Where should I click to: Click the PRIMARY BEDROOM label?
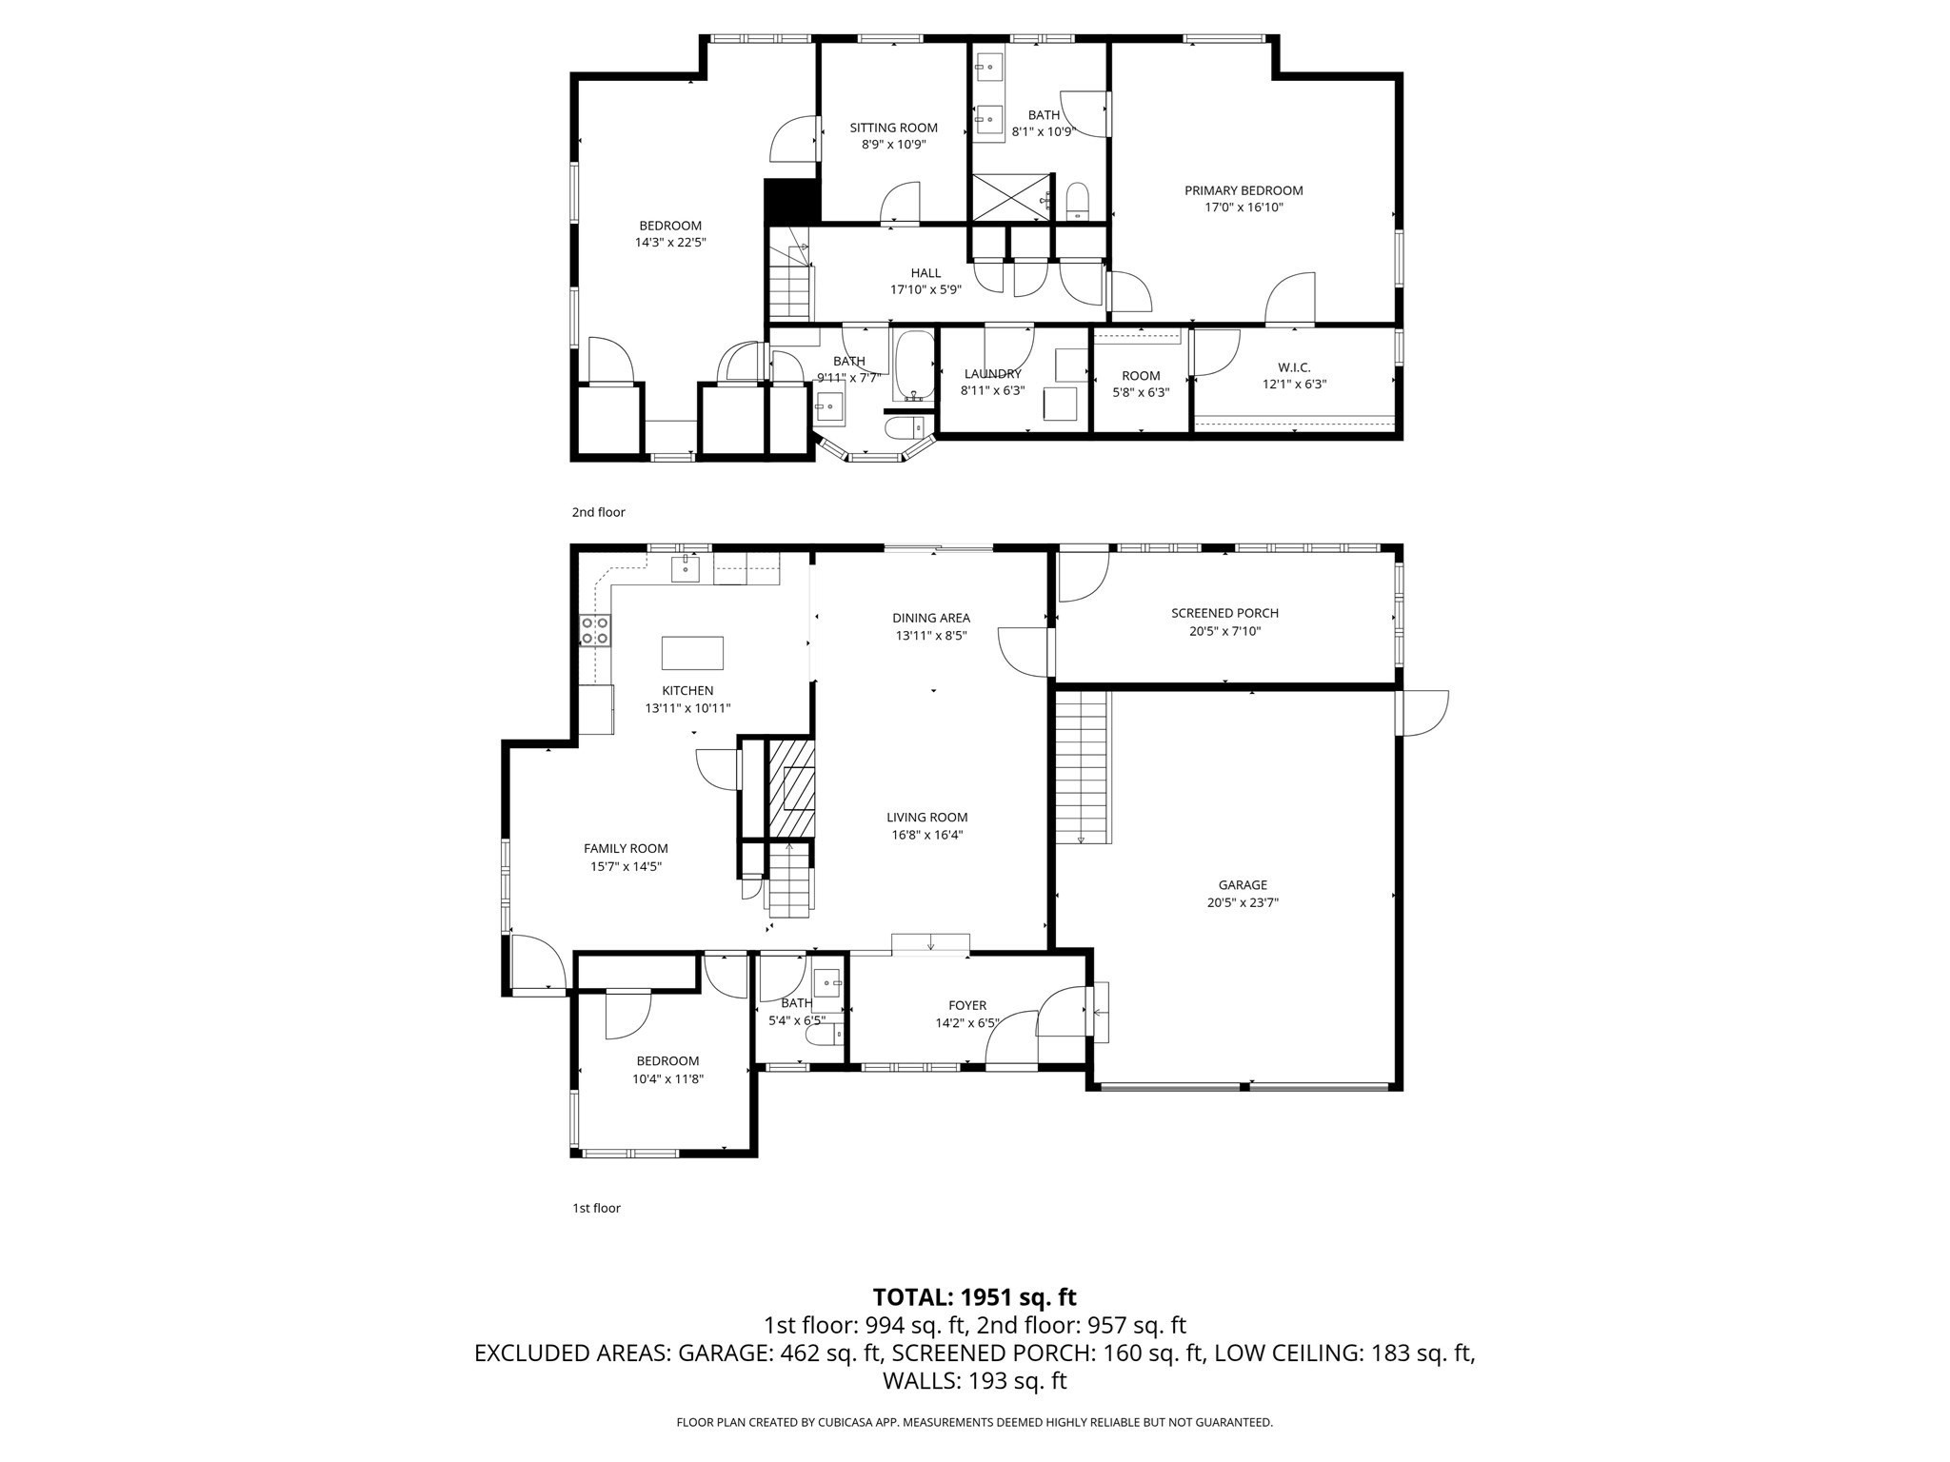point(1244,190)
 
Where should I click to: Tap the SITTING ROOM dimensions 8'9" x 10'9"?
point(893,145)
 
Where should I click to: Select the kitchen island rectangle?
point(692,653)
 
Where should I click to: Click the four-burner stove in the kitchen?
point(595,630)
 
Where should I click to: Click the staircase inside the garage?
point(1083,767)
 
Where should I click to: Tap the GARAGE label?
point(1243,885)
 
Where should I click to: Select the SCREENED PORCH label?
point(1224,613)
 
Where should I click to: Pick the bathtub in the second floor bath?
point(915,365)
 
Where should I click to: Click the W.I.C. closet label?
point(1294,367)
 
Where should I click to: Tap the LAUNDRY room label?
point(992,374)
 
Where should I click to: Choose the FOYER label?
point(966,1005)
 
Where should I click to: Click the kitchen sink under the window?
point(685,569)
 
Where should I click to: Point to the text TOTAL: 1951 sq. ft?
point(974,1296)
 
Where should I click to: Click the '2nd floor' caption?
point(598,512)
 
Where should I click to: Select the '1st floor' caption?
point(596,1208)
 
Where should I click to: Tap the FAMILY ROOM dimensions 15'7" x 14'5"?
point(626,866)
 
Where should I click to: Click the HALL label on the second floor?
point(925,273)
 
